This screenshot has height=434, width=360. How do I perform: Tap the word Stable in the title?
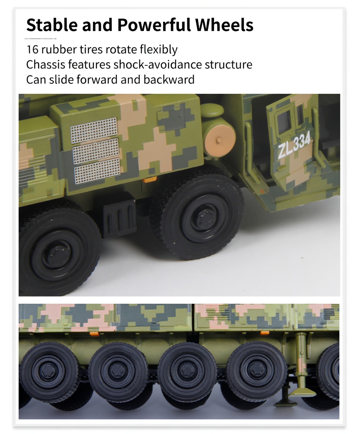(52, 25)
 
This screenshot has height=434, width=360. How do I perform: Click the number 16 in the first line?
(32, 50)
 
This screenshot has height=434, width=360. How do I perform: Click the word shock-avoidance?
(157, 64)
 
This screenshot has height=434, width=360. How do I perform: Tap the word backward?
(169, 79)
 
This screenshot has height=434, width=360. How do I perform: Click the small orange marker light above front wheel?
(149, 179)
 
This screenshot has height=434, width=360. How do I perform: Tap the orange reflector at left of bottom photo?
(95, 334)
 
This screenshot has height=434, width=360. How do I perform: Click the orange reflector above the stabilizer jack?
(265, 332)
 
